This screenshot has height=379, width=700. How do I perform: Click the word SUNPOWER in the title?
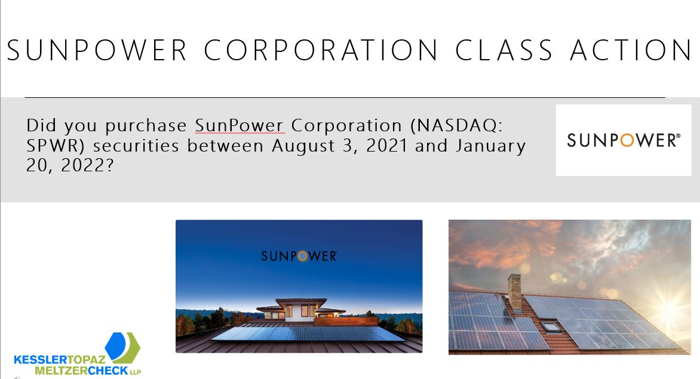click(x=97, y=50)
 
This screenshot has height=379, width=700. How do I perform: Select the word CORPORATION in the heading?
click(x=321, y=50)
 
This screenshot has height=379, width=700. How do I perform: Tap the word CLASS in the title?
click(x=504, y=50)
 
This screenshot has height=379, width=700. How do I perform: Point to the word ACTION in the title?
click(x=631, y=50)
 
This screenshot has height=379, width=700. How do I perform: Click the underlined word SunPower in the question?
click(x=240, y=125)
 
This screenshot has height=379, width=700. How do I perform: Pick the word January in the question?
click(x=490, y=146)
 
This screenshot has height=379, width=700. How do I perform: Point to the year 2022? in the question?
click(x=87, y=165)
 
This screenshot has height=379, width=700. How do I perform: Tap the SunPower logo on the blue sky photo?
click(x=299, y=256)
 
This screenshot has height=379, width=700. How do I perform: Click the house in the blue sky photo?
click(x=302, y=310)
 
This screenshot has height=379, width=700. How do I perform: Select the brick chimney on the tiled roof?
click(x=515, y=293)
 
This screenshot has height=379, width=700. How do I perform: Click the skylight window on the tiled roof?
click(x=551, y=327)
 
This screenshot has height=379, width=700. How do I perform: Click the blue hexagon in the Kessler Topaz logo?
click(x=116, y=346)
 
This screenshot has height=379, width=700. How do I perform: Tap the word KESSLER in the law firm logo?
click(x=41, y=359)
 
